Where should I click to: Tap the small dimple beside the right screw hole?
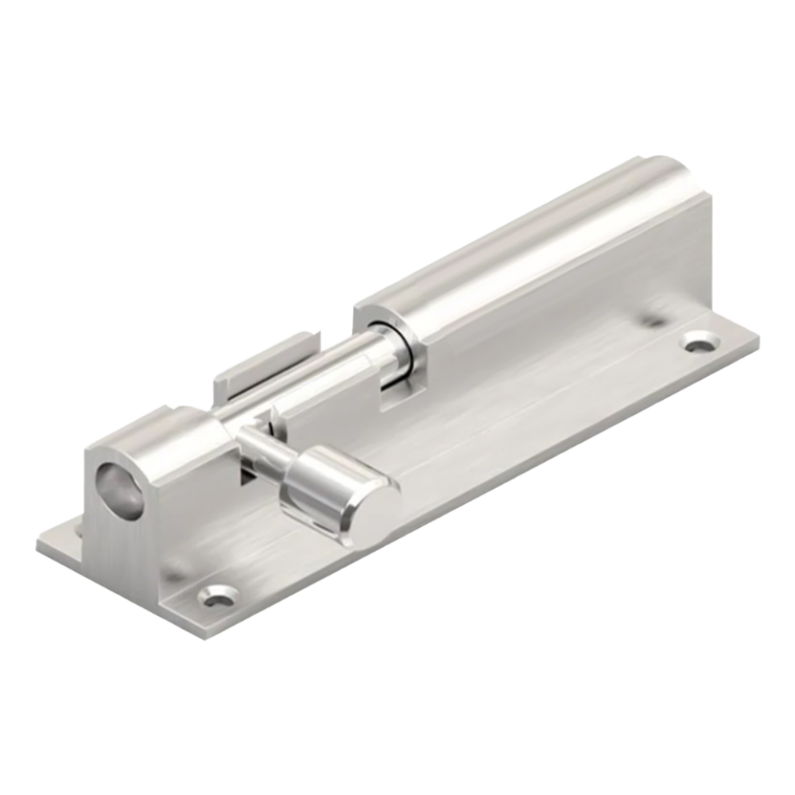653,322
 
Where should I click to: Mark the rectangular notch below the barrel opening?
390,394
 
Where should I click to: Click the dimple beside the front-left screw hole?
171,572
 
